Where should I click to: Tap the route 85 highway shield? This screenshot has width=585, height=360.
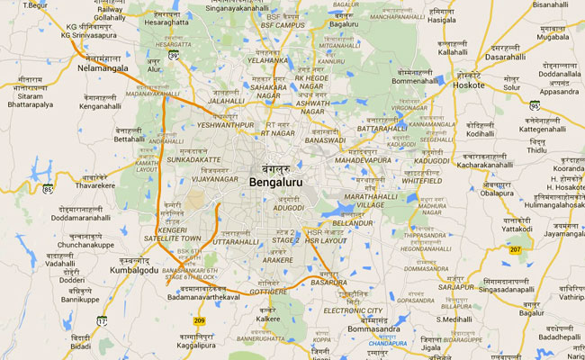[48, 190]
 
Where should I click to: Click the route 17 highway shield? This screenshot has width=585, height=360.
[102, 321]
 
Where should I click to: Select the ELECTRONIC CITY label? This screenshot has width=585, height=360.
[353, 310]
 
